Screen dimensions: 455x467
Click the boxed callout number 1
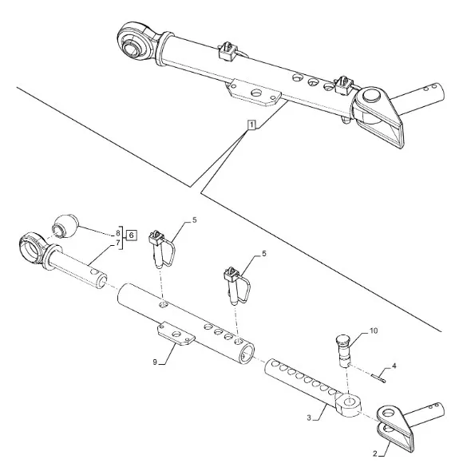(x=251, y=125)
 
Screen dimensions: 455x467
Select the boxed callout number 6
(x=132, y=235)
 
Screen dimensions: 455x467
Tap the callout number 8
(x=118, y=232)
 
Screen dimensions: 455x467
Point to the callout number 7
(x=118, y=243)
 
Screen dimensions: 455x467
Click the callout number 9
(x=155, y=362)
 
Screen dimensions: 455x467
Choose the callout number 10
(x=374, y=330)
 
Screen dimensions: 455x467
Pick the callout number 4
(x=394, y=366)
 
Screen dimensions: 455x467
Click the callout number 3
(x=309, y=418)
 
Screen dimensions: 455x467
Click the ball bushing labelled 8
(x=66, y=226)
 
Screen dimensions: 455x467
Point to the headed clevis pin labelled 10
(x=343, y=351)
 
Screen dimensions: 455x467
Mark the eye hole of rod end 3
(x=348, y=402)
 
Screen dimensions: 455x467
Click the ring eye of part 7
(x=32, y=248)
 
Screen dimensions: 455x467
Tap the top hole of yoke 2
(x=388, y=413)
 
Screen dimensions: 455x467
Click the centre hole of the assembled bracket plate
(x=257, y=93)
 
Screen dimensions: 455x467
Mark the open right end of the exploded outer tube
(x=247, y=353)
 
